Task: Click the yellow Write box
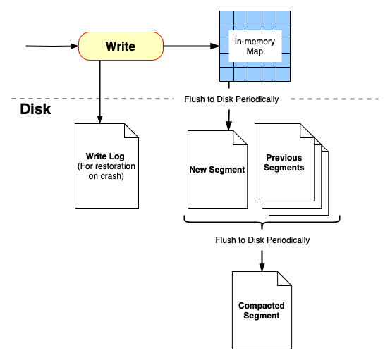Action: (x=120, y=46)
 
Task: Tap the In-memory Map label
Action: (x=255, y=46)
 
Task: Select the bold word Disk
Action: (x=36, y=109)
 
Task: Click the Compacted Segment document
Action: (x=262, y=310)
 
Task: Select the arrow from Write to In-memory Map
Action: (x=190, y=47)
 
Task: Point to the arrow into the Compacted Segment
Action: (x=262, y=259)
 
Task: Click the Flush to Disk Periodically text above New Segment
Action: (x=231, y=99)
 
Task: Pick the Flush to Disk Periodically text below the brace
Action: (x=262, y=240)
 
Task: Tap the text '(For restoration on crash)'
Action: (x=106, y=171)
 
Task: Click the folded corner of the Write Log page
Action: (x=131, y=130)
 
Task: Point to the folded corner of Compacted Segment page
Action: (x=284, y=278)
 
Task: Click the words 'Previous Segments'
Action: (x=285, y=163)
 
